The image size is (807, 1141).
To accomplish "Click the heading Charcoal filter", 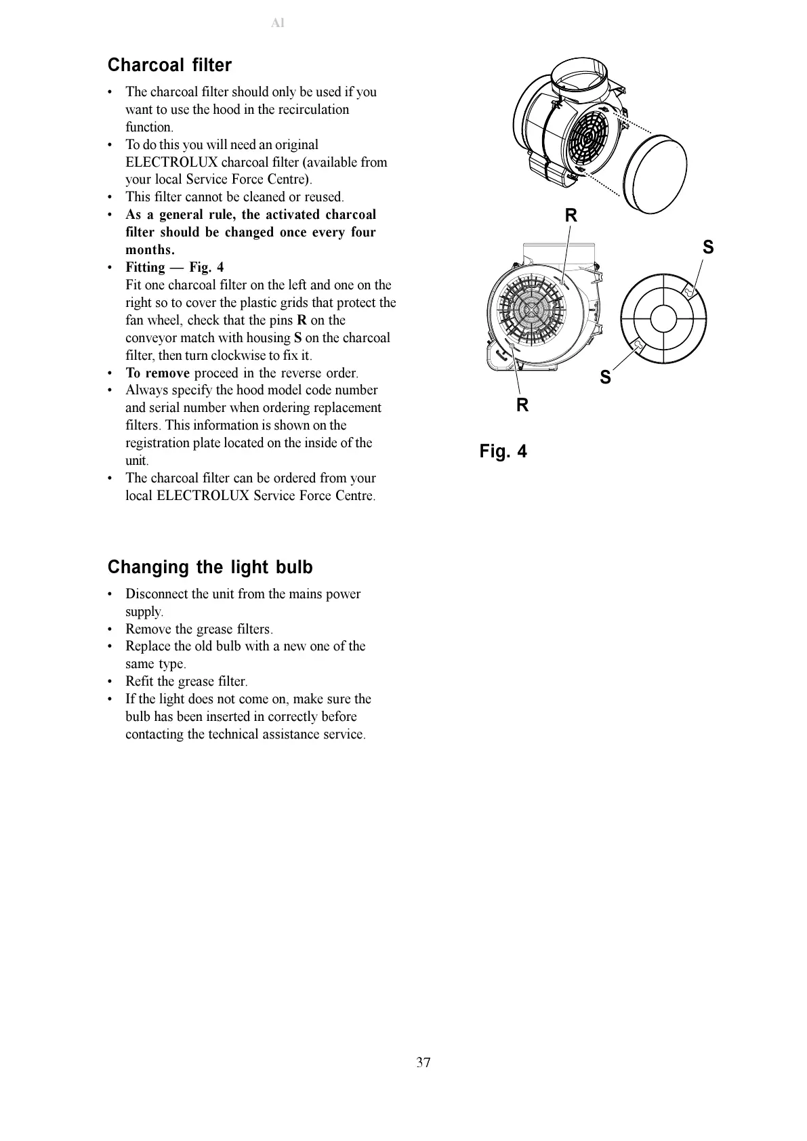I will click(x=169, y=65).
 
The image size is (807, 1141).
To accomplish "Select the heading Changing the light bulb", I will click(x=210, y=567).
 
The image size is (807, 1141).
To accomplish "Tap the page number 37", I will click(x=423, y=1062).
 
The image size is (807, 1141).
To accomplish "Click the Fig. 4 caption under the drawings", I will click(x=503, y=451).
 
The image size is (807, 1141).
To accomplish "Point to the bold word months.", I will click(x=150, y=250).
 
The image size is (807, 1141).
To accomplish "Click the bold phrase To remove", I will click(x=157, y=373).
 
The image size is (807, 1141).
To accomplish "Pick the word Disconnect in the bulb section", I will click(x=157, y=594).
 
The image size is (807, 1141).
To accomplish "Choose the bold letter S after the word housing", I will click(x=297, y=338).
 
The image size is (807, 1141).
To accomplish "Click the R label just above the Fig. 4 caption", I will click(x=522, y=405).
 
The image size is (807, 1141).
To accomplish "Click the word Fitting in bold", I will click(x=145, y=268).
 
